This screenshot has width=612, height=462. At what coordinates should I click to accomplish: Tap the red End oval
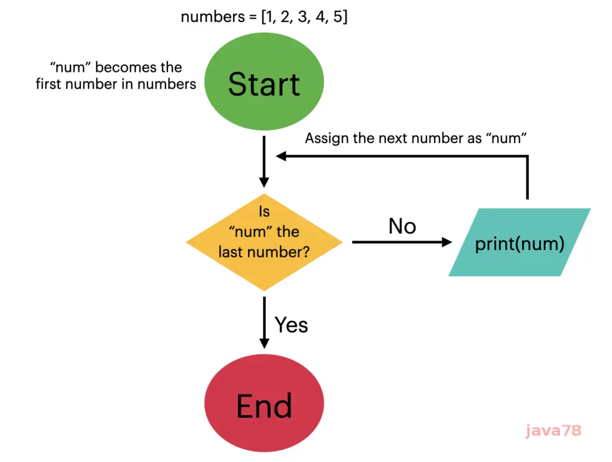[x=264, y=406]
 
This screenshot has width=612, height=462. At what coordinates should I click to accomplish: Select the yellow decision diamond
[x=264, y=242]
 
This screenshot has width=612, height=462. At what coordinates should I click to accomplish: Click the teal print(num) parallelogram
[x=519, y=242]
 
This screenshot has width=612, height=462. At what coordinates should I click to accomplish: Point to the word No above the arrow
[x=402, y=226]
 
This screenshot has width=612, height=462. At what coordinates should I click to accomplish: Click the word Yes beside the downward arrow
[x=291, y=325]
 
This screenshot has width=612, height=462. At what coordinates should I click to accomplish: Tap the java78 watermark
[x=553, y=430]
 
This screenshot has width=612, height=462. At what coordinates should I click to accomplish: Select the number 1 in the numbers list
[x=267, y=17]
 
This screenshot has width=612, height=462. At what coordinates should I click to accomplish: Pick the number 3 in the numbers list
[x=302, y=17]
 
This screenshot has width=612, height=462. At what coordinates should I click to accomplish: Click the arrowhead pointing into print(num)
[x=447, y=242]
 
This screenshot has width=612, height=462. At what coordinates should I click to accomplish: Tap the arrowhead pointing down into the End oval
[x=264, y=342]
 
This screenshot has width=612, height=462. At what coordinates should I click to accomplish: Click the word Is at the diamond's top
[x=264, y=211]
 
